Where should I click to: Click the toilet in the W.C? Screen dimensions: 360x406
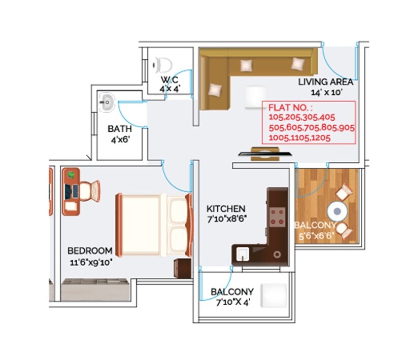click(x=163, y=64)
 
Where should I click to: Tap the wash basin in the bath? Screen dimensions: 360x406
click(x=107, y=102)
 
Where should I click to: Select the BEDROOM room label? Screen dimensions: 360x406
click(x=90, y=250)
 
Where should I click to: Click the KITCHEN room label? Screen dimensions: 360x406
click(x=226, y=209)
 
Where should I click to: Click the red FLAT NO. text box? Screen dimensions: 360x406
click(x=309, y=122)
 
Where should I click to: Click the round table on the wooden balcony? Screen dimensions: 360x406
click(x=336, y=210)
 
